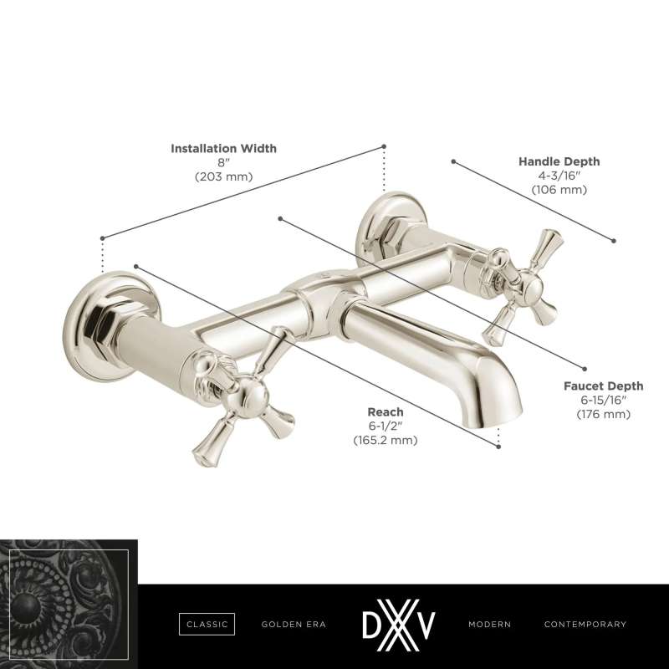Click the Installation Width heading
(x=223, y=149)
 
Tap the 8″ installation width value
(x=223, y=162)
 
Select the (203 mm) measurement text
(x=223, y=176)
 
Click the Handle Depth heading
(x=559, y=161)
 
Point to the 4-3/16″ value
(x=559, y=176)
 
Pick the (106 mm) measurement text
(x=559, y=190)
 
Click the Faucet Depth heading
(x=603, y=386)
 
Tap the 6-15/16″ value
(x=603, y=401)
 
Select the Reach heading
(x=386, y=412)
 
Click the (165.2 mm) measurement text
(x=386, y=441)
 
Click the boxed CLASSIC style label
(x=207, y=624)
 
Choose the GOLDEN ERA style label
(x=294, y=624)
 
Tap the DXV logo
(x=399, y=625)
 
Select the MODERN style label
(x=489, y=624)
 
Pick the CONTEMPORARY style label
(x=585, y=624)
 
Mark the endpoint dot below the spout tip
(x=498, y=447)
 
